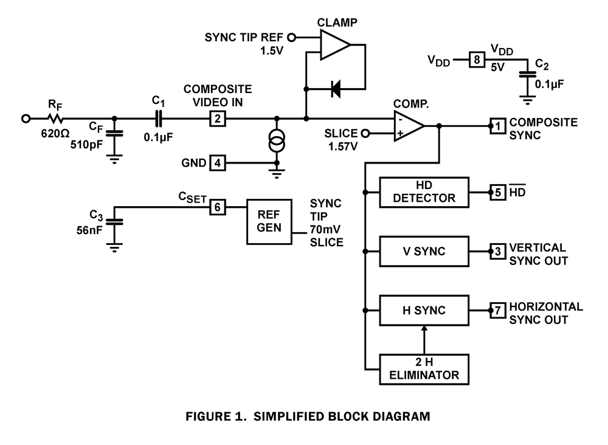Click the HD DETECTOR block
[424, 193]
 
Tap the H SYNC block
[424, 310]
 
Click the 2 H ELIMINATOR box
[424, 368]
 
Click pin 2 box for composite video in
[216, 119]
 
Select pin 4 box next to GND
[216, 163]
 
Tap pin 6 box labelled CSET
[216, 207]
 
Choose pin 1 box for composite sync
[497, 126]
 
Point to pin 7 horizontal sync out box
[497, 310]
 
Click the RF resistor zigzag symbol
[56, 119]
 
